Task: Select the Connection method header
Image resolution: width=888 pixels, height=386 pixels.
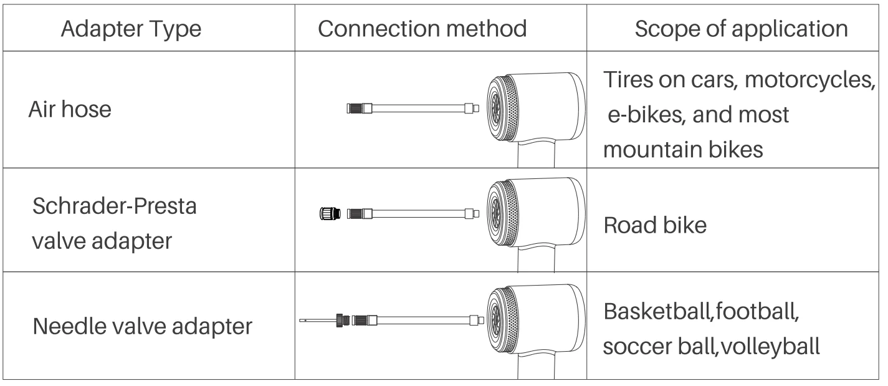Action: pyautogui.click(x=423, y=29)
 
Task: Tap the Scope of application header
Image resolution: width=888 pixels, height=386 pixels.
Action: pyautogui.click(x=741, y=29)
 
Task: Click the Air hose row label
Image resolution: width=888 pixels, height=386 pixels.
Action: pyautogui.click(x=70, y=110)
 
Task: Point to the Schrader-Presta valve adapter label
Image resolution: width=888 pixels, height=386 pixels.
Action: pyautogui.click(x=114, y=223)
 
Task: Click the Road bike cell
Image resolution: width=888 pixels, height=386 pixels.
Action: pyautogui.click(x=655, y=225)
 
